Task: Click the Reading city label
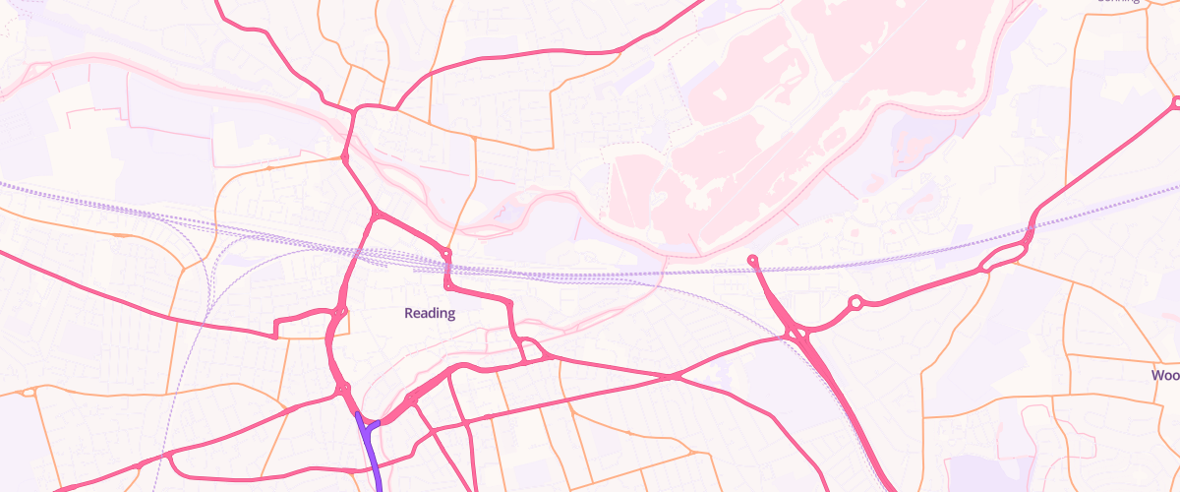click(x=430, y=313)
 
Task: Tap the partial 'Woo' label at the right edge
click(x=1165, y=375)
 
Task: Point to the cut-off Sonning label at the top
click(x=1119, y=2)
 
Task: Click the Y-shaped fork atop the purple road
click(x=369, y=425)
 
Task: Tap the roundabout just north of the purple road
click(x=344, y=391)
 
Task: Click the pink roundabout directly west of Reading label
click(x=339, y=314)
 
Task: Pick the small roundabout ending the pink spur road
click(x=752, y=260)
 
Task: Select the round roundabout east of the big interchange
click(x=855, y=303)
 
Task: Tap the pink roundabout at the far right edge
click(x=1176, y=101)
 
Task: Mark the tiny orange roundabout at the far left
click(x=28, y=392)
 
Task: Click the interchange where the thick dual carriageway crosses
click(x=796, y=335)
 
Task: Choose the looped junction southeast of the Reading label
click(x=531, y=350)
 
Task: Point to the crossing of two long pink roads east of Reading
click(x=674, y=376)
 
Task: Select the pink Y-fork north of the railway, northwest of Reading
click(x=376, y=215)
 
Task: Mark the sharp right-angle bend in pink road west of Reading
click(x=276, y=326)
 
